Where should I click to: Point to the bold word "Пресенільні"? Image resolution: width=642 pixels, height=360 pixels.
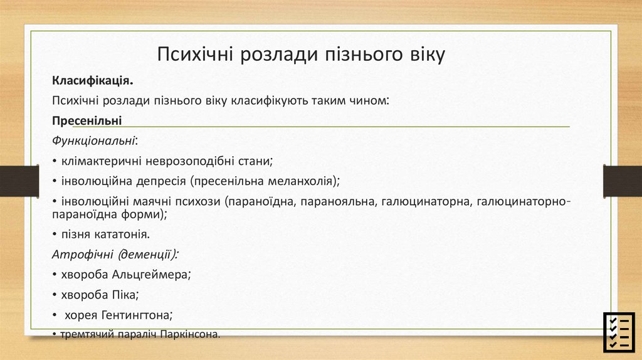click(x=87, y=120)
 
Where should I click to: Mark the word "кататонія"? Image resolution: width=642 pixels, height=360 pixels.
click(x=122, y=235)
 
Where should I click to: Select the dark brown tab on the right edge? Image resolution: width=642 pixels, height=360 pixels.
click(x=622, y=181)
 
